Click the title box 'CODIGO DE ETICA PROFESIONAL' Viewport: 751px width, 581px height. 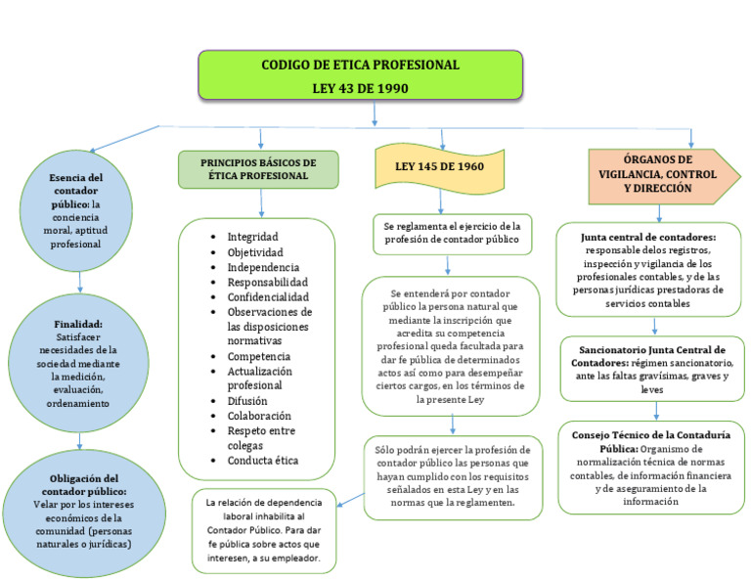pos(360,76)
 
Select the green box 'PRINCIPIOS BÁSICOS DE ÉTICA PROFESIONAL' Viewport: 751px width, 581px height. pos(258,169)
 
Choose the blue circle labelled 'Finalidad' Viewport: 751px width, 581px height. pos(78,363)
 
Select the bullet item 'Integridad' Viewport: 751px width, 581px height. pos(252,237)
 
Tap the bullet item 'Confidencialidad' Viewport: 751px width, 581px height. pos(267,296)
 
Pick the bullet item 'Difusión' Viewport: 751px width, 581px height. pos(247,400)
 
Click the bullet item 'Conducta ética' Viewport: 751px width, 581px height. pos(262,460)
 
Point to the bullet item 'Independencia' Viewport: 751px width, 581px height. pos(263,267)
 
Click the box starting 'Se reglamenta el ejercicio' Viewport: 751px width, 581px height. pos(452,232)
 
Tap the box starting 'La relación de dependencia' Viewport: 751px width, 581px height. pos(264,530)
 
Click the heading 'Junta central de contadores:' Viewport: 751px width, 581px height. pos(648,237)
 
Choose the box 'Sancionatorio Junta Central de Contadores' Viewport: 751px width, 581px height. pos(651,369)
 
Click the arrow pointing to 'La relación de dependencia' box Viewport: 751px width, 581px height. pos(350,501)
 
